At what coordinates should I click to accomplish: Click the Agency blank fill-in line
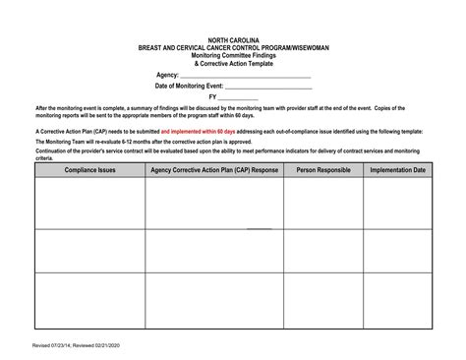246,76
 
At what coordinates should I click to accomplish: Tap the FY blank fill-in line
237,98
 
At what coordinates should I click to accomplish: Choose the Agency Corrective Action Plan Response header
213,170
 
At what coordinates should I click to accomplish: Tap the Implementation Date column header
397,170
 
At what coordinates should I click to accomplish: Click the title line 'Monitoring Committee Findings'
233,56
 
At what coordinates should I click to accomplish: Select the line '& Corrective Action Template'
233,64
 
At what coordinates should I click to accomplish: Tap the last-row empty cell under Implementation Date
397,300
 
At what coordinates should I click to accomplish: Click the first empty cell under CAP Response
213,202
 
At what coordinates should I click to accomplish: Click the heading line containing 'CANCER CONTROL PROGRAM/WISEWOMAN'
233,48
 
